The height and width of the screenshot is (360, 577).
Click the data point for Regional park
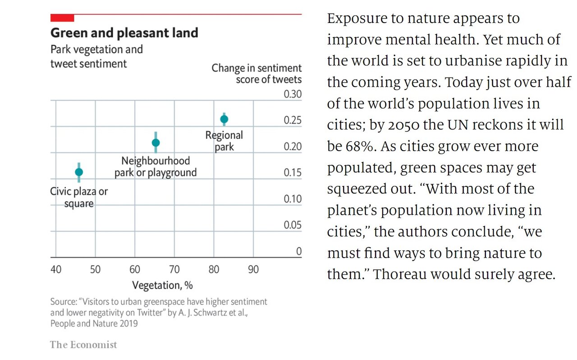224,119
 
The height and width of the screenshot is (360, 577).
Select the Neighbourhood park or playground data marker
156,143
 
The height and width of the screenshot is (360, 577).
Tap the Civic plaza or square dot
79,172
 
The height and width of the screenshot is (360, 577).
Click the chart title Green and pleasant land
124,33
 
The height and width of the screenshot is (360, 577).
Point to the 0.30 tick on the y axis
293,95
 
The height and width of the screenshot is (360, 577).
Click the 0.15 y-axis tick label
293,173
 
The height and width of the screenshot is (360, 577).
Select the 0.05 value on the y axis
293,226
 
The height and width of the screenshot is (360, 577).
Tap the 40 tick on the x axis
56,270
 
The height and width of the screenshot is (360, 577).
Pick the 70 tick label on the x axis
174,270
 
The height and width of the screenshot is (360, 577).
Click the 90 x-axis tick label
253,270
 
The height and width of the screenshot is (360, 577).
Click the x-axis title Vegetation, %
162,286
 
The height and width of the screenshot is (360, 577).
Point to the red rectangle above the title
62,18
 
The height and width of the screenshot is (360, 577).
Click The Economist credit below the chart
83,345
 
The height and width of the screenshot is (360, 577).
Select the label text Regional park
224,141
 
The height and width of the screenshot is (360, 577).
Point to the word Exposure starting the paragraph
357,18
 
